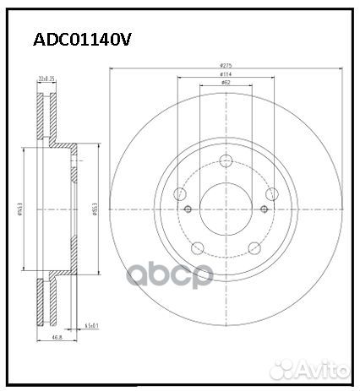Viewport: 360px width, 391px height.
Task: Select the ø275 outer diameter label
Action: click(x=226, y=65)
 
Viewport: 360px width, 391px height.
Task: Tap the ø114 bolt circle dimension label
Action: click(x=226, y=76)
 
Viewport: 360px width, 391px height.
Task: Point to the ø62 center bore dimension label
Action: click(x=226, y=84)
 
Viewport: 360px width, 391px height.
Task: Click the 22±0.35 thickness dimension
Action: click(x=46, y=79)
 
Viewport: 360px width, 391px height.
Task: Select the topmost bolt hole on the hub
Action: click(x=226, y=162)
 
